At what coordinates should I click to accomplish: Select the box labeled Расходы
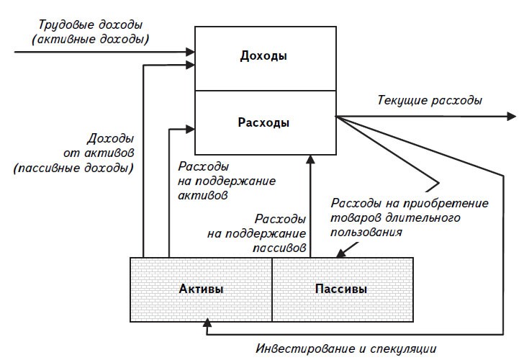coord(265,122)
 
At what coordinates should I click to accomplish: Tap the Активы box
coord(201,289)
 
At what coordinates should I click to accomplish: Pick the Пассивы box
coord(341,289)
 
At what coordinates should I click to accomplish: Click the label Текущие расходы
coord(430,100)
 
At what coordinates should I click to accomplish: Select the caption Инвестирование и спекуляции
coord(346,349)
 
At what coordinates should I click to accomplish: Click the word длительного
coord(422,217)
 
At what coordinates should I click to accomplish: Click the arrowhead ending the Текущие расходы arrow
coord(510,115)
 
